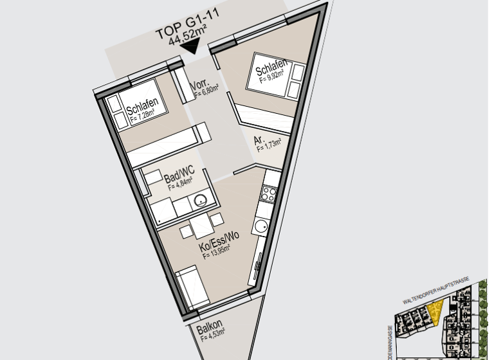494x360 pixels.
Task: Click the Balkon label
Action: coord(210,325)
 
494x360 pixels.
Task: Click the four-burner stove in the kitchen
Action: coord(268,194)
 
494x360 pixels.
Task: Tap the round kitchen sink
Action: coord(261,226)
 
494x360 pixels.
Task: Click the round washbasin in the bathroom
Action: coord(202,199)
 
